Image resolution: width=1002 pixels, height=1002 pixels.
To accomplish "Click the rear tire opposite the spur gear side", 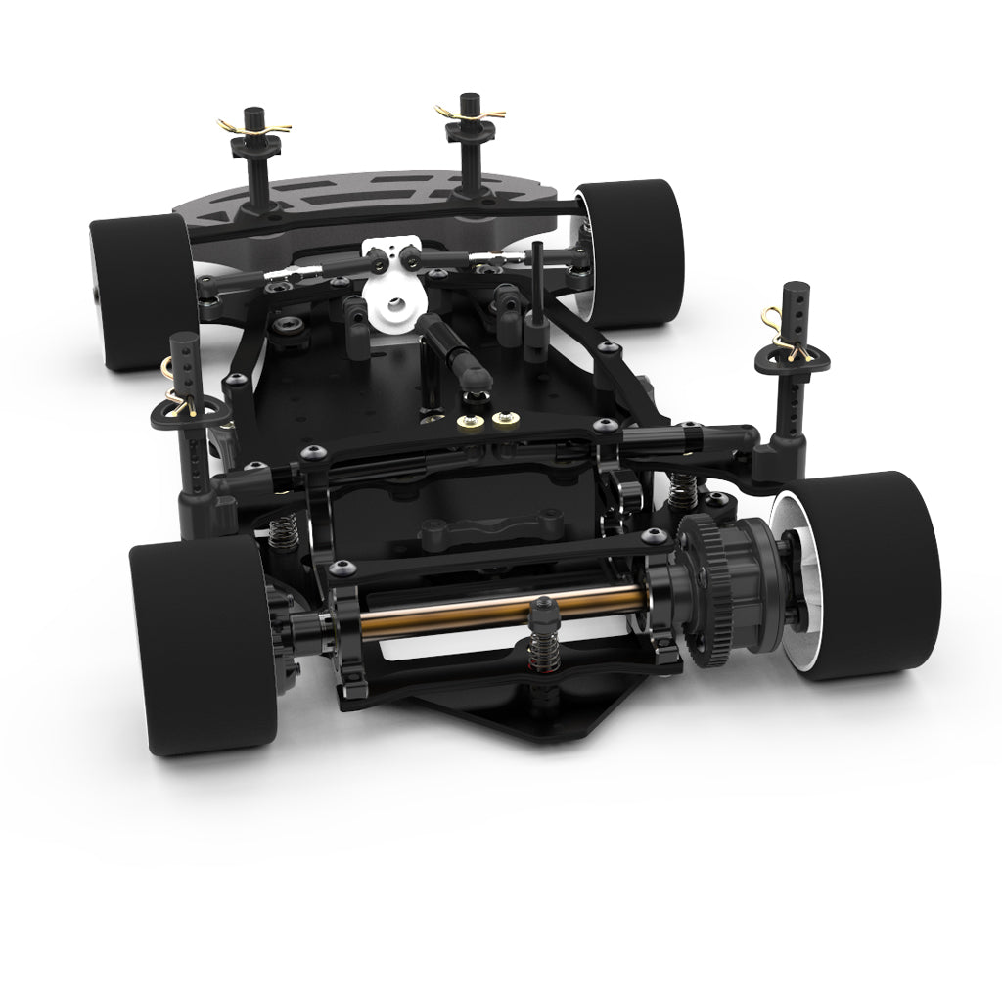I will point(197,645).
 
